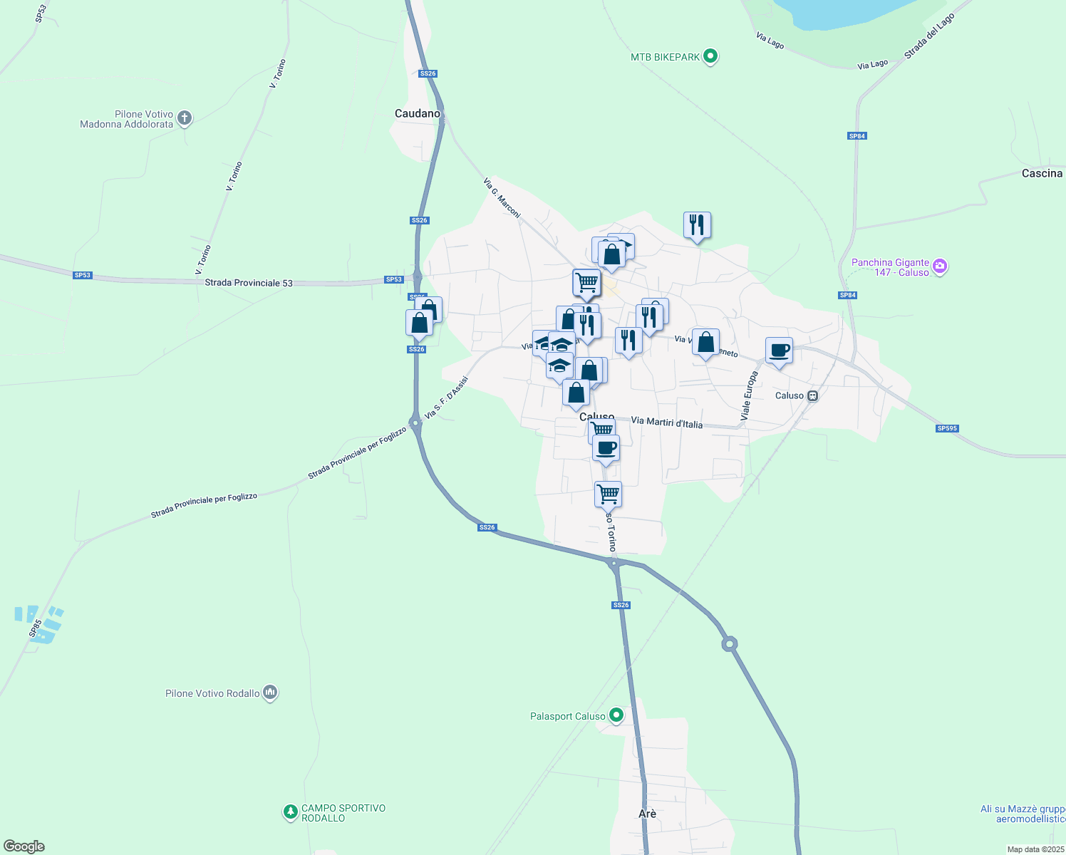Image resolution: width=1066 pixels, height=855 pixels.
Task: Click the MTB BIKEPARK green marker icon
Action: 710,56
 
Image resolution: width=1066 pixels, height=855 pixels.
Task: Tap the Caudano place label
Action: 418,113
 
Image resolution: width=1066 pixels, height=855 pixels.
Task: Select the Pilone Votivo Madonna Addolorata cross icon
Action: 185,118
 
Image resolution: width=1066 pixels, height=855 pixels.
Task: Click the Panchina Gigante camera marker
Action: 940,266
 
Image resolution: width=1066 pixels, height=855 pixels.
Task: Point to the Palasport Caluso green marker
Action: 616,715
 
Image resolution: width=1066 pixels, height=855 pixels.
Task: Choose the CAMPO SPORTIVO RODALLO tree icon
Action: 290,812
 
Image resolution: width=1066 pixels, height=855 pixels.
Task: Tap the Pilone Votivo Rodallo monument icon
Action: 270,693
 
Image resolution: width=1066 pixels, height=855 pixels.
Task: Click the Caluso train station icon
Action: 812,396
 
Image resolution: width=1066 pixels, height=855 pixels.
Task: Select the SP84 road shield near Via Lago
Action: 857,135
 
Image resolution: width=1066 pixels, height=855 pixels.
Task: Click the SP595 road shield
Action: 947,428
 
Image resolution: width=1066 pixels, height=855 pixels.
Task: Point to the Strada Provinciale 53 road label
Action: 249,283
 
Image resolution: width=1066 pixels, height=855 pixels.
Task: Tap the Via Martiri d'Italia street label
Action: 667,423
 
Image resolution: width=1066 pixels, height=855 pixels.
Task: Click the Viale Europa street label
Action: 749,395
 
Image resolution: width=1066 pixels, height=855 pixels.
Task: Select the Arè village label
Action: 647,813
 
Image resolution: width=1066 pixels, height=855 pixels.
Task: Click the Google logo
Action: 24,846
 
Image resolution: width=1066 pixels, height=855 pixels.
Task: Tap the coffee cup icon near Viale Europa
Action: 780,351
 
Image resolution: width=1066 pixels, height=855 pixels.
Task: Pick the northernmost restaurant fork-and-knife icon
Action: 697,225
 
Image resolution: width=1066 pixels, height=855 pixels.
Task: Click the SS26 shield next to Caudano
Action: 428,73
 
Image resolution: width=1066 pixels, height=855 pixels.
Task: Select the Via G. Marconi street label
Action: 502,197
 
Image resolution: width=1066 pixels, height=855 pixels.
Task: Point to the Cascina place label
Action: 1042,173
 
